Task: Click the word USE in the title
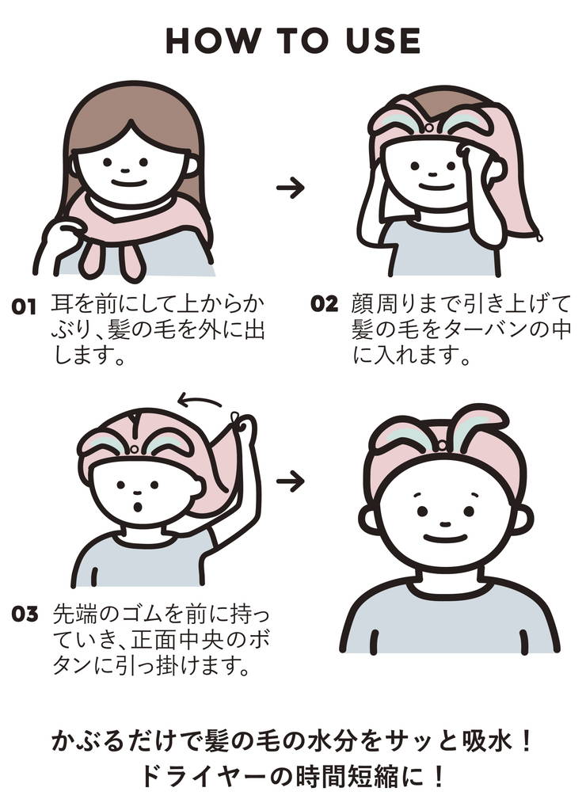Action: [x=383, y=40]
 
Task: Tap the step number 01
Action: [x=24, y=308]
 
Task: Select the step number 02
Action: [x=324, y=304]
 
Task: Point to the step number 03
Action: [x=25, y=614]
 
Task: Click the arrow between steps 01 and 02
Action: [x=291, y=188]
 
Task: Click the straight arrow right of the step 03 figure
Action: [x=291, y=481]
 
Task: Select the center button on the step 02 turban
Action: [x=429, y=127]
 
